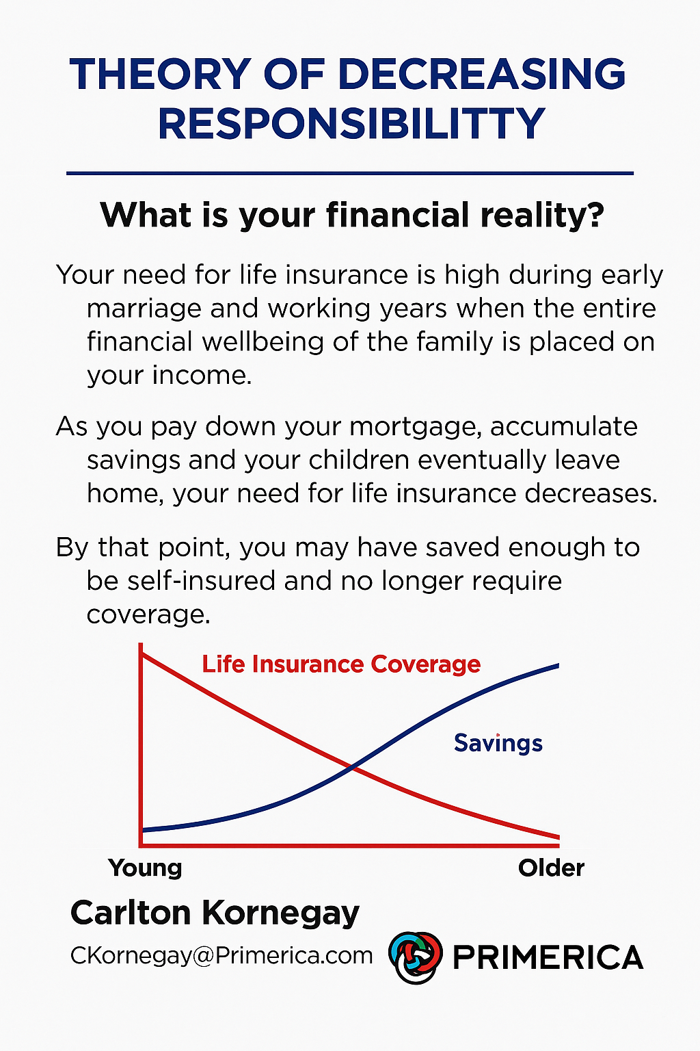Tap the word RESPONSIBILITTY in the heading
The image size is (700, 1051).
pos(351,123)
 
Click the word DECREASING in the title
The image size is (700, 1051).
pos(482,74)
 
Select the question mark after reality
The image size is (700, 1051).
pos(595,214)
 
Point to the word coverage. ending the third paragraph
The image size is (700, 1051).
pos(148,614)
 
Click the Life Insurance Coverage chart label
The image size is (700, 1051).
pos(341,664)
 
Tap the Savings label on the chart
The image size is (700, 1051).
pos(498,744)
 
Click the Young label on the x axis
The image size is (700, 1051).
pos(145,868)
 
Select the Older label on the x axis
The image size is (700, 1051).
pos(552,868)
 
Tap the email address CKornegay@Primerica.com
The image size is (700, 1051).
pos(221,956)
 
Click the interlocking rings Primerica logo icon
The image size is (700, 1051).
pos(416,957)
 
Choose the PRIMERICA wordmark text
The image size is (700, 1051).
pos(548,957)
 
